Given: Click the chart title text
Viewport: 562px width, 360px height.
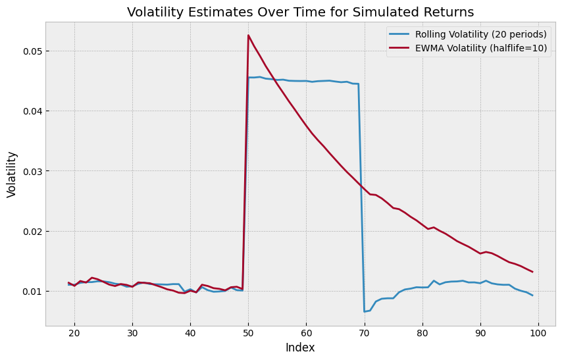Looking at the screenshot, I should coord(300,12).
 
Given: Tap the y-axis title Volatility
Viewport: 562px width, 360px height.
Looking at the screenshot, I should coord(12,174).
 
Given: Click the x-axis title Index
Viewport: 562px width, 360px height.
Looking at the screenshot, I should coord(300,347).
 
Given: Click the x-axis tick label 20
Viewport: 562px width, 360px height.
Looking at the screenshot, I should coord(74,334).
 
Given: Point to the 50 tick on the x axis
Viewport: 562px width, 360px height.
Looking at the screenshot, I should coord(248,334).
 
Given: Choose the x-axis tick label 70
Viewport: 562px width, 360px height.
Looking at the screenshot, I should coord(365,334).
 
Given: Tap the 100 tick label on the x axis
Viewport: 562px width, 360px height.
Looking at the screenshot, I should coord(538,334).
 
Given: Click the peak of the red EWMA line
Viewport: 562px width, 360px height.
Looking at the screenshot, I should coord(248,35).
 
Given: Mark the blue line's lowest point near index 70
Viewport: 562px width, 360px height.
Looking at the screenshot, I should coord(365,311).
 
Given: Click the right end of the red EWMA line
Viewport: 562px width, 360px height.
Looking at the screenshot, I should coord(532,272).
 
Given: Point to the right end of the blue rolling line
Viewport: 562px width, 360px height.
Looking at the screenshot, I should coord(532,295).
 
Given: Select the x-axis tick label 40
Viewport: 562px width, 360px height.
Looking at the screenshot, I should coord(190,334).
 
